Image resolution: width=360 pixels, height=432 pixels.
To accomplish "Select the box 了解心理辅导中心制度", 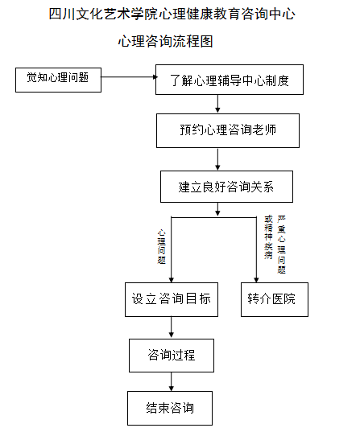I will [x=230, y=80].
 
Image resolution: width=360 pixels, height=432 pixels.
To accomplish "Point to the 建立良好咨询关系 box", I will [x=226, y=186].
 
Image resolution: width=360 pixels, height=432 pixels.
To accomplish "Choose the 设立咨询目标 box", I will [x=171, y=298].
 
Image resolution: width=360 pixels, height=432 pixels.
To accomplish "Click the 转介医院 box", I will [x=274, y=298].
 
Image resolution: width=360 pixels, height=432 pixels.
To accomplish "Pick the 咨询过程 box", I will [x=171, y=355].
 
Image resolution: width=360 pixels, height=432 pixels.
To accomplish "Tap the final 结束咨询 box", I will [x=171, y=407].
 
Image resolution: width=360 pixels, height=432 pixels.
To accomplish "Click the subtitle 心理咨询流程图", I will [x=169, y=40].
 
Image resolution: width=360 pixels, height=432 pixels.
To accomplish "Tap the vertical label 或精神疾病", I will [x=268, y=237].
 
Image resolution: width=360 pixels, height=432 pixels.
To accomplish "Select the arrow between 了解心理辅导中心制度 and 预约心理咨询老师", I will [x=217, y=104].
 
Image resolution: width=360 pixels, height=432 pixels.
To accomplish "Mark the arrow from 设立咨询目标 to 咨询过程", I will [x=171, y=327].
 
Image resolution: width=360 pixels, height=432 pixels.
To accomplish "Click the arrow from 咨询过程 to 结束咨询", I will [x=171, y=381].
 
